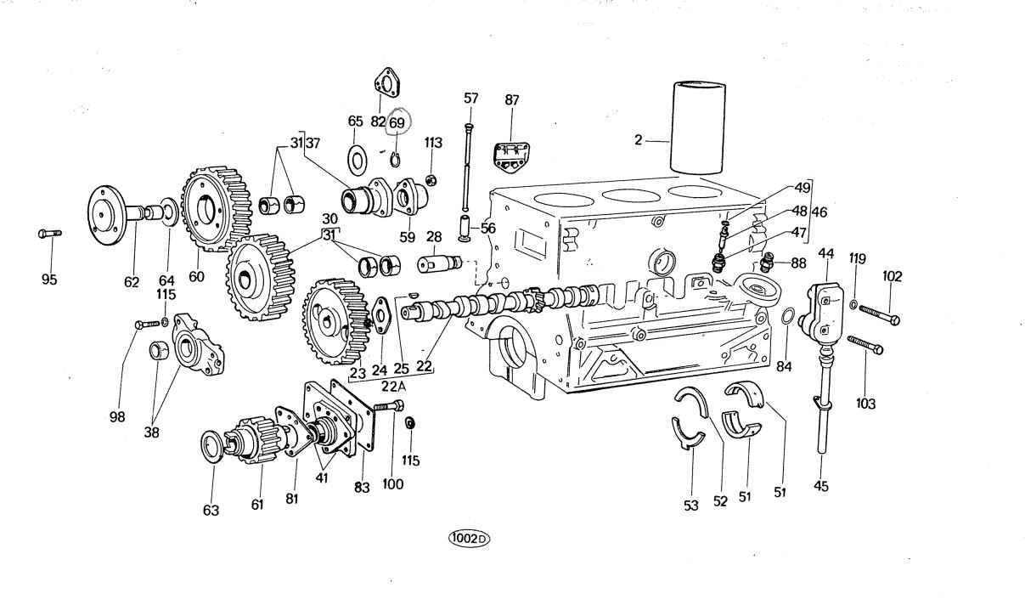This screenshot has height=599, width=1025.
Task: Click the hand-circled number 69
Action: [x=397, y=122]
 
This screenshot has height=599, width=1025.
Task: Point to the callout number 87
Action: [x=511, y=100]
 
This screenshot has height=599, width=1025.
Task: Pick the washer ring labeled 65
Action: [x=356, y=157]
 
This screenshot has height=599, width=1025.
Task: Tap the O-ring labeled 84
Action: [x=787, y=317]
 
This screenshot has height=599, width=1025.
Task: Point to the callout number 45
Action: [x=820, y=486]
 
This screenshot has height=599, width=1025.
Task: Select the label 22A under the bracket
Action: [x=393, y=386]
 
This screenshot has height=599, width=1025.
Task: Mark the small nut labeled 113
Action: [x=431, y=180]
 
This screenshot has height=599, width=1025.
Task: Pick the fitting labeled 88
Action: [x=769, y=262]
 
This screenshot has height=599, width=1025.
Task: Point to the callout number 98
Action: [x=118, y=416]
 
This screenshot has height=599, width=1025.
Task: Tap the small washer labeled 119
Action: [x=853, y=302]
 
